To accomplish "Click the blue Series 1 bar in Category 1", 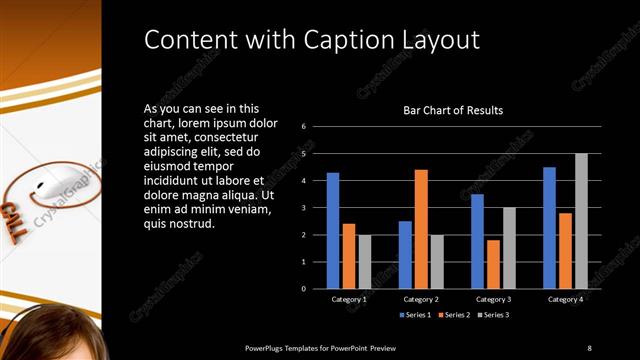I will click(333, 230).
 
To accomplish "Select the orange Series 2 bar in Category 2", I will click(421, 229).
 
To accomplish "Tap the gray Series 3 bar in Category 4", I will click(581, 221).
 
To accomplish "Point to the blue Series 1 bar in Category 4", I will click(549, 227).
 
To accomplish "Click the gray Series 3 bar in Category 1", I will click(364, 262).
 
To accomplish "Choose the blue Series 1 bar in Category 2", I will click(405, 254).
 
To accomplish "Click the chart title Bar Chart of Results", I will click(453, 110).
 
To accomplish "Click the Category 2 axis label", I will click(421, 299).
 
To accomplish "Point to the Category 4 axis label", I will click(565, 299).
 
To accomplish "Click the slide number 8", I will click(589, 347).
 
